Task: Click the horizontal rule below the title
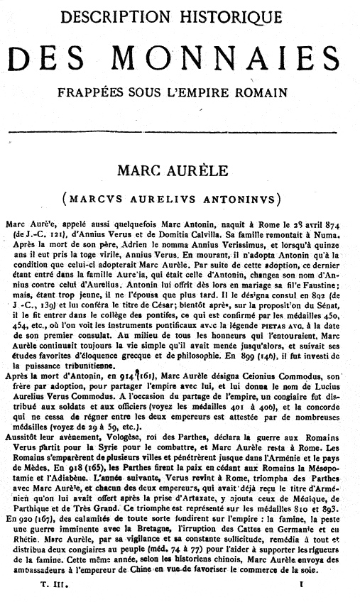[x=180, y=133]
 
